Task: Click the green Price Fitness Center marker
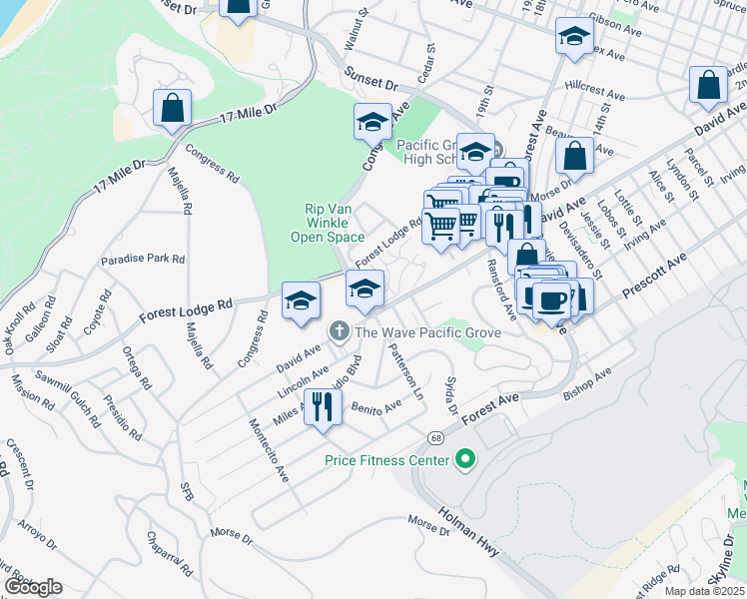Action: click(x=463, y=460)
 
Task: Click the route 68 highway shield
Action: click(x=436, y=438)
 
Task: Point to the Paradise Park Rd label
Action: click(x=143, y=259)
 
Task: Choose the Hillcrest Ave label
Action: click(x=595, y=97)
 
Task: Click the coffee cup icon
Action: click(x=551, y=299)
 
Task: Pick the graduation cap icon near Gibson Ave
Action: click(x=573, y=37)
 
